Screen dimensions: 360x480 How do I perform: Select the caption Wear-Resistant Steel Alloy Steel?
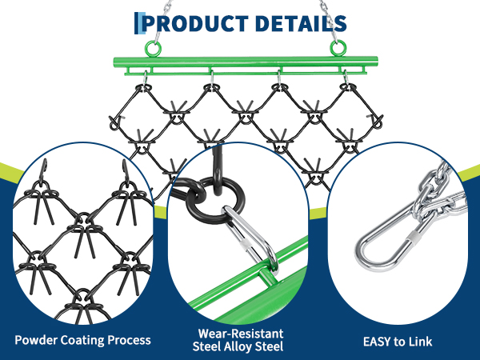click(239, 340)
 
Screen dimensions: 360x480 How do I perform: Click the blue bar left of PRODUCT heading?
click(139, 22)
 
